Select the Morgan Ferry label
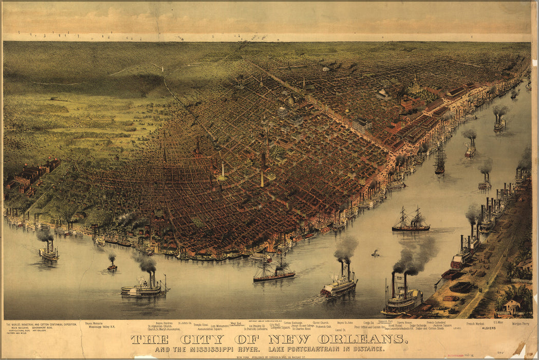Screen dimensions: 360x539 coord(520,324)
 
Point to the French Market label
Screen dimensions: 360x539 coord(475,324)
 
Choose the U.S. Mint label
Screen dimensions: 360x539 coord(498,322)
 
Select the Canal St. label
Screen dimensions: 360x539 coord(340,330)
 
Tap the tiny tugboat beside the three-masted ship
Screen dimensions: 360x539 coord(376,253)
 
